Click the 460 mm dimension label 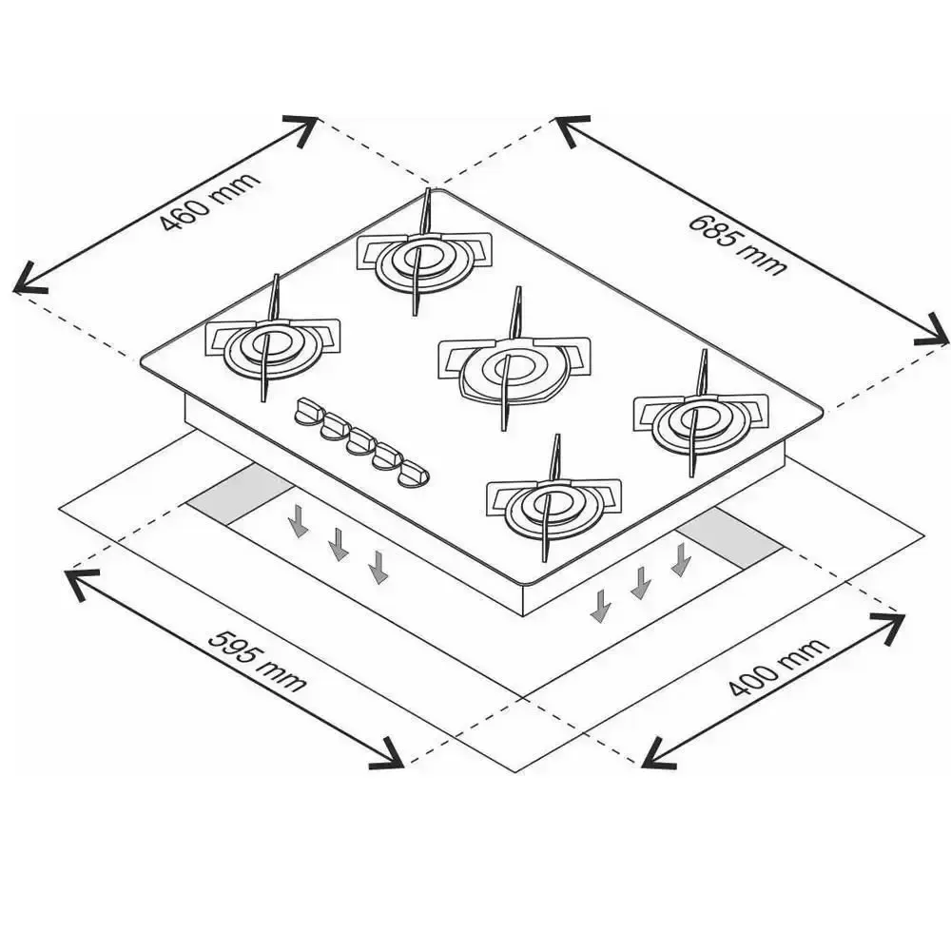click(x=210, y=202)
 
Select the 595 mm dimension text click(x=258, y=661)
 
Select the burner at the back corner click(x=424, y=254)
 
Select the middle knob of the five click(x=362, y=441)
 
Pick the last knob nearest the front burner click(x=415, y=473)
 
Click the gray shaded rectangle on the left click(x=240, y=495)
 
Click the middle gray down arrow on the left click(x=339, y=544)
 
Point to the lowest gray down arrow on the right click(x=600, y=605)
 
